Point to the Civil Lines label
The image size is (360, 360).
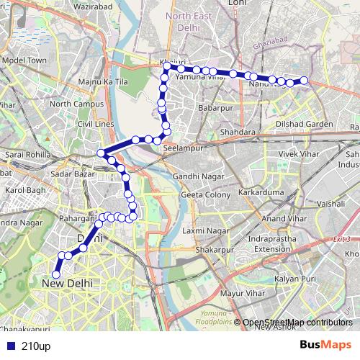pos(95,124)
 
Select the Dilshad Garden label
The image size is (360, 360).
pos(305,124)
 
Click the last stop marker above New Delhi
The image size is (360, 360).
pos(55,273)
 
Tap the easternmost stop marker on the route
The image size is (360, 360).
pos(304,81)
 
